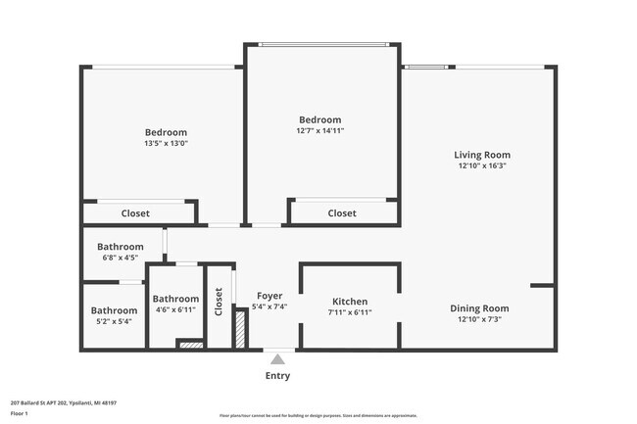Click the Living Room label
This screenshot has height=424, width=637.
tap(481, 155)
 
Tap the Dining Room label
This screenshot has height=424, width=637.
tap(479, 308)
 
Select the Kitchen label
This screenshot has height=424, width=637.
tap(350, 302)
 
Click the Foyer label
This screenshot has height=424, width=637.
tap(269, 296)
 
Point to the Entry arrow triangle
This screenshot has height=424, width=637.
tap(277, 358)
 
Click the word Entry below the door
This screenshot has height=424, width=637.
tap(277, 376)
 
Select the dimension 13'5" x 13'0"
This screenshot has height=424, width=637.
tap(166, 143)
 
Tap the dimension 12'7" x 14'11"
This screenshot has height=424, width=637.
tap(320, 130)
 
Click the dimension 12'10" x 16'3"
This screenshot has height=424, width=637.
tap(481, 165)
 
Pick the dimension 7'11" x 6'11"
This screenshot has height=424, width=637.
tap(350, 312)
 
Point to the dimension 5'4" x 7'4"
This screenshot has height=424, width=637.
tap(269, 306)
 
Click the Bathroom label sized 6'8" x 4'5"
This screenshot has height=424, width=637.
tap(121, 247)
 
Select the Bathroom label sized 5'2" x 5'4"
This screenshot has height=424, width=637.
tap(114, 310)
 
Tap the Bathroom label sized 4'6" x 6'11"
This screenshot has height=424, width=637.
tap(175, 299)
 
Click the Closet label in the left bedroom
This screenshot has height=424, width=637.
tap(135, 213)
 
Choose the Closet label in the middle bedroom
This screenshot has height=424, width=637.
tap(342, 213)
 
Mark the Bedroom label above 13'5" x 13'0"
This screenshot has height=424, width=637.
tap(166, 132)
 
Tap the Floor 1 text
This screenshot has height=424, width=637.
tap(19, 413)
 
